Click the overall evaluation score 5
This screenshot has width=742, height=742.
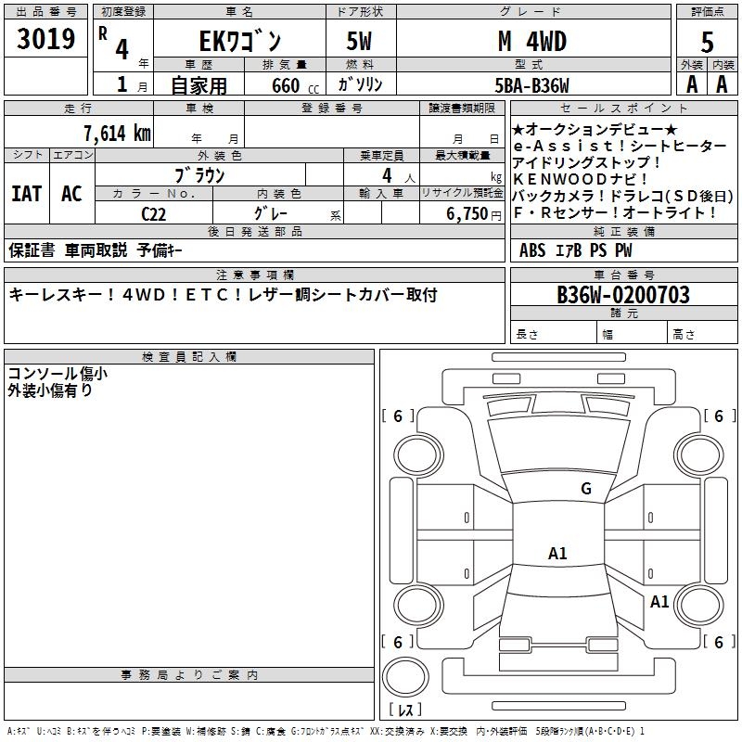pyautogui.click(x=708, y=42)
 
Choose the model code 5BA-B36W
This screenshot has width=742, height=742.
pyautogui.click(x=532, y=84)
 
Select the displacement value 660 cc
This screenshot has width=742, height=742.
pyautogui.click(x=285, y=85)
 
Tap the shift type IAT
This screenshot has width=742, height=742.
pyautogui.click(x=26, y=194)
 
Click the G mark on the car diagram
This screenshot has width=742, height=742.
pyautogui.click(x=585, y=489)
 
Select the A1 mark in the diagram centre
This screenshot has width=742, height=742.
pyautogui.click(x=557, y=554)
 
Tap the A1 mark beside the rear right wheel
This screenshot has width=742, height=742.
pyautogui.click(x=659, y=601)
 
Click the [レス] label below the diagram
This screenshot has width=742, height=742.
pyautogui.click(x=405, y=710)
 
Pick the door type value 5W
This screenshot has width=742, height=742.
pyautogui.click(x=360, y=42)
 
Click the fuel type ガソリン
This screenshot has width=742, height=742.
pyautogui.click(x=360, y=84)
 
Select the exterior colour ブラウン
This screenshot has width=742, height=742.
pyautogui.click(x=200, y=174)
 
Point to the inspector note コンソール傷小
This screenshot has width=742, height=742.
pyautogui.click(x=58, y=374)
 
